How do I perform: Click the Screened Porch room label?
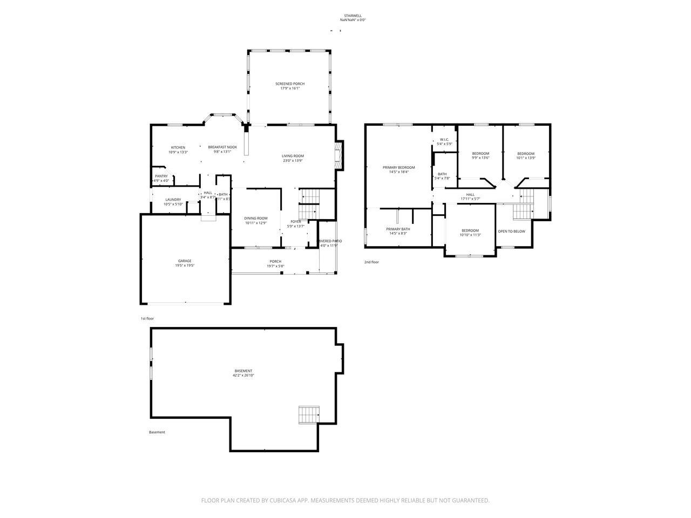point(290,84)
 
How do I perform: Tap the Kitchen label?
point(178,147)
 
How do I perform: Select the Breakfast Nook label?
point(222,147)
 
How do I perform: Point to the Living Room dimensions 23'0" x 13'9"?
point(293,161)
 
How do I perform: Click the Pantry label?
point(161,176)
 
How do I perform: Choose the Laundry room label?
point(173,200)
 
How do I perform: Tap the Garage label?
point(185,261)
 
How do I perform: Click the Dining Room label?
point(256,218)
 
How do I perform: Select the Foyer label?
point(296,221)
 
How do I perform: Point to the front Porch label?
point(275,262)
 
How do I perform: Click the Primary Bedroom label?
point(399,167)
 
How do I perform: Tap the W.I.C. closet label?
point(444,140)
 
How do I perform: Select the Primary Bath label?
point(398,229)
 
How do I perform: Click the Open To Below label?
point(511,231)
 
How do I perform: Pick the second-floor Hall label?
point(470,194)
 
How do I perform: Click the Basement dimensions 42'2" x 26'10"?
point(243,375)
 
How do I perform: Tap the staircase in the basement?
point(309,415)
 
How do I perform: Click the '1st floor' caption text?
point(147,319)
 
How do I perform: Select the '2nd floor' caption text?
point(371,262)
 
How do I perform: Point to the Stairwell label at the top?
point(353,16)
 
